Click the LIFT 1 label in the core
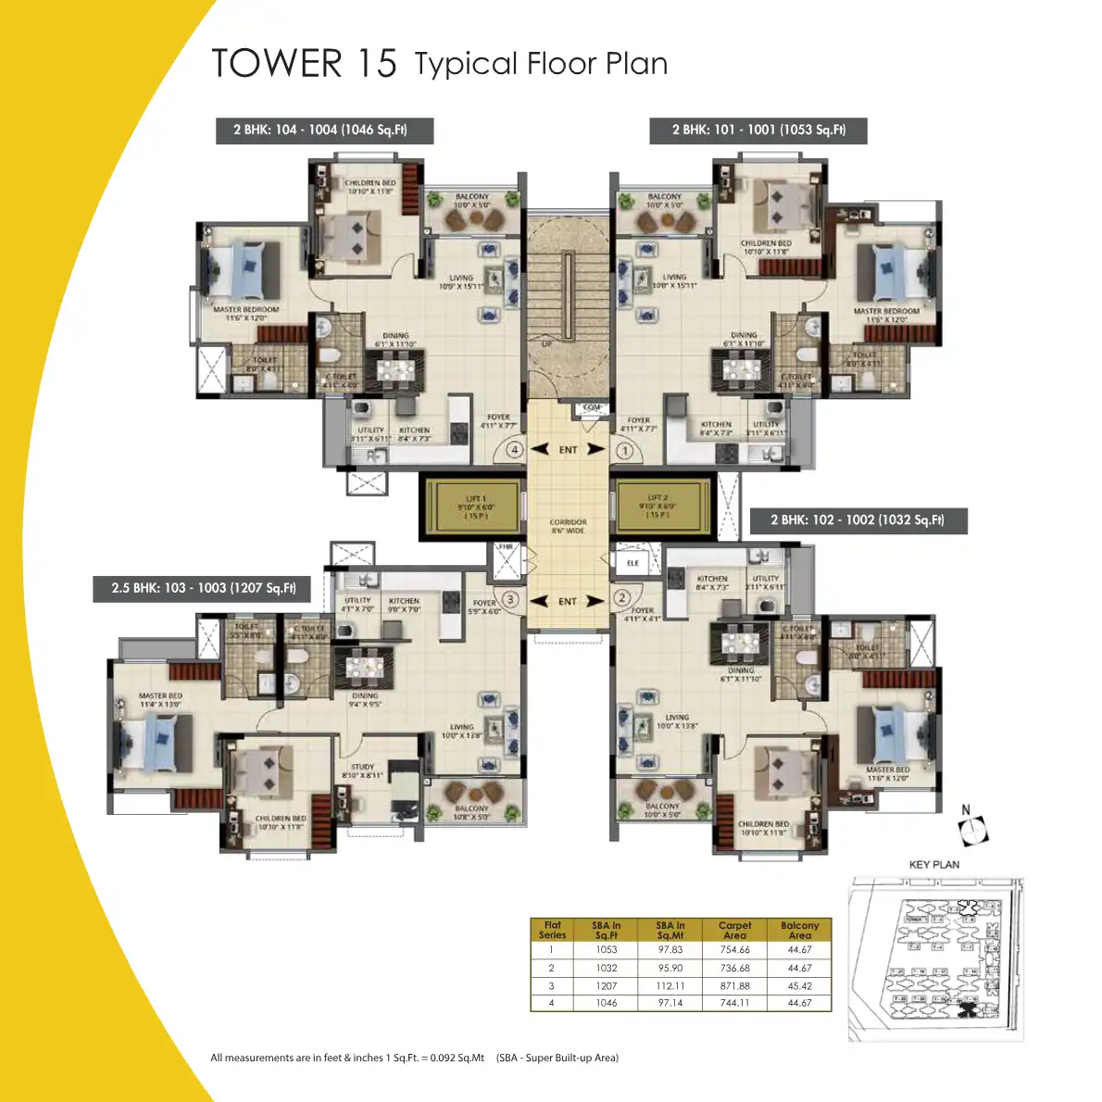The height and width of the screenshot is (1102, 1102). click(475, 498)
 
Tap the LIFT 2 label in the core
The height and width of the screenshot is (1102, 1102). click(657, 498)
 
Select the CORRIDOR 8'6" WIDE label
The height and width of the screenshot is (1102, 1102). click(568, 526)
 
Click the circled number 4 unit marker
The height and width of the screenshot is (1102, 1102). click(515, 450)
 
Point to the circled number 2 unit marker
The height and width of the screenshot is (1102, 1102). click(622, 598)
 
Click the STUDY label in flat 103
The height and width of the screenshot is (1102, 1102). click(363, 767)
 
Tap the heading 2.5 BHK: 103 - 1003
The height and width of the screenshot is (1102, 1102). click(203, 588)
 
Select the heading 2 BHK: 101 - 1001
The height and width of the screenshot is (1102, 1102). click(758, 130)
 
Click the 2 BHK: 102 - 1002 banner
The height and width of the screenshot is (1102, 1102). click(858, 520)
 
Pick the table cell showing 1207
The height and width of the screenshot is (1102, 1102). click(607, 986)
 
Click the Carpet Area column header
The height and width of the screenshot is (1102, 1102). click(734, 930)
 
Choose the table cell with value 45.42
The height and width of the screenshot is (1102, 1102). click(799, 986)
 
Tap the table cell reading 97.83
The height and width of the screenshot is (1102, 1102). click(670, 950)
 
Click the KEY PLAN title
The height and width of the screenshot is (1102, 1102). click(934, 865)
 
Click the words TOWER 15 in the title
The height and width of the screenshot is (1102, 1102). click(304, 63)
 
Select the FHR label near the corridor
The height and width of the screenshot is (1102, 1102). click(506, 547)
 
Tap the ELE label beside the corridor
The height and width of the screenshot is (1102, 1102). click(632, 563)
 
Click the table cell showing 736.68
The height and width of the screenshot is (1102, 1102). click(734, 969)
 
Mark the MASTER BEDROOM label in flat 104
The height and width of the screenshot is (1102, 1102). click(245, 310)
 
